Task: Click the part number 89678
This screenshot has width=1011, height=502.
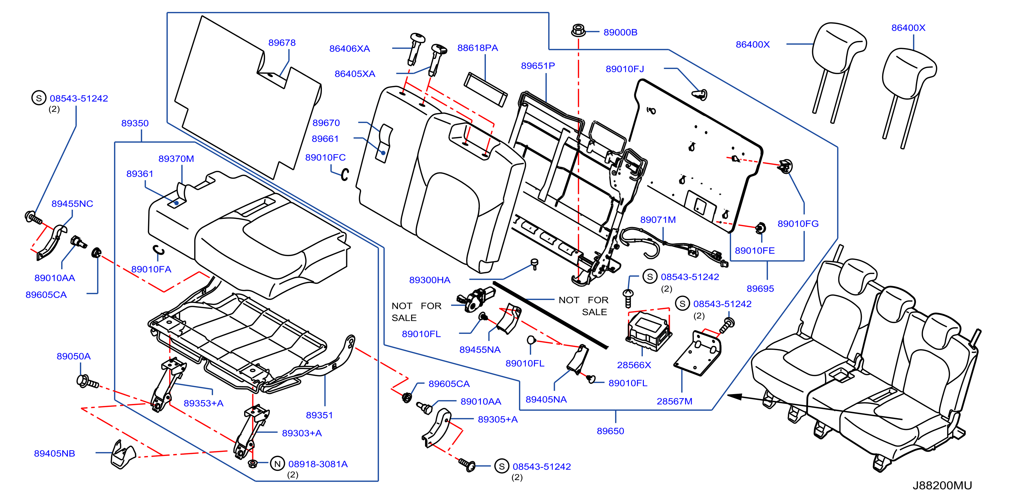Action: point(282,42)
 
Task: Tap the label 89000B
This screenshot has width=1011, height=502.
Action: point(620,32)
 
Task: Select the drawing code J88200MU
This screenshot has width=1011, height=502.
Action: point(942,485)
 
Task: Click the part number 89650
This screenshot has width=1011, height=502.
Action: point(610,431)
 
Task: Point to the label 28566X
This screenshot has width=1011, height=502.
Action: point(634,365)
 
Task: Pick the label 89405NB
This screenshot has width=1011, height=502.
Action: point(54,453)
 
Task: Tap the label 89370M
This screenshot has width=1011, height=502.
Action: point(176,159)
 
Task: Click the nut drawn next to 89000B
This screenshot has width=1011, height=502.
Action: point(578,30)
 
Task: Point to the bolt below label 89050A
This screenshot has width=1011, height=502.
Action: point(88,382)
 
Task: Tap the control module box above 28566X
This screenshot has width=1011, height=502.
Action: point(649,330)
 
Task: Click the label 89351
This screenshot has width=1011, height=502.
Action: point(319,415)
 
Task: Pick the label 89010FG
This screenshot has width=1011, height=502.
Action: point(798,224)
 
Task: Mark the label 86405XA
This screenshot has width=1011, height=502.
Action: point(355,74)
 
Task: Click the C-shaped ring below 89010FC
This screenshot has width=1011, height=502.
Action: point(345,175)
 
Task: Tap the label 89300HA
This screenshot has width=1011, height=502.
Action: point(430,280)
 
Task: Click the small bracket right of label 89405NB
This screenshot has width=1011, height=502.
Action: point(123,455)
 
